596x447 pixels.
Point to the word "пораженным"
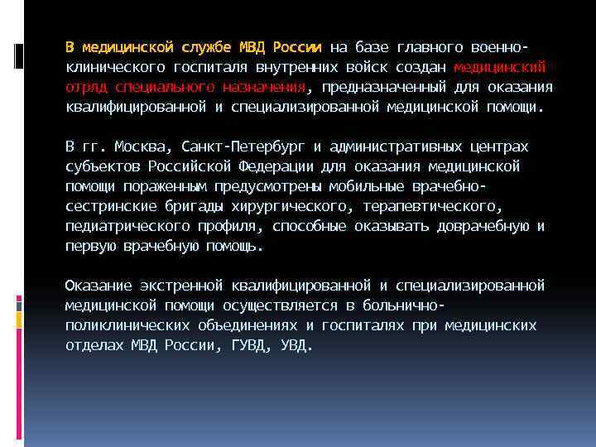(167, 187)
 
